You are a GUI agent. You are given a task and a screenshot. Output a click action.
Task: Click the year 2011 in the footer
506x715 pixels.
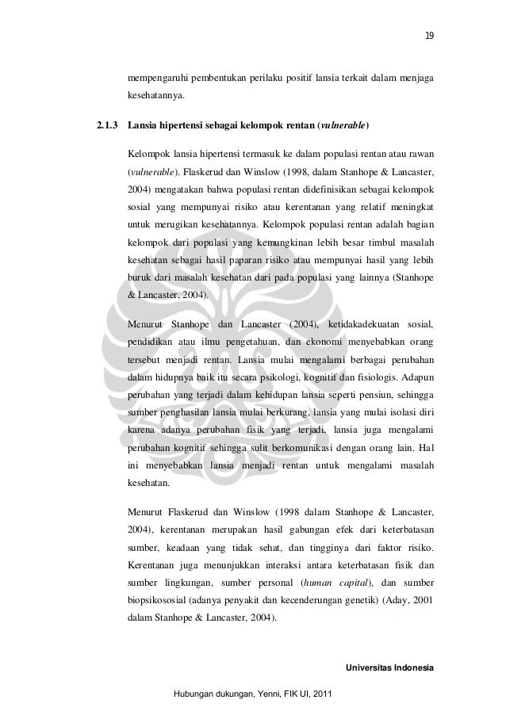click(x=323, y=695)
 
